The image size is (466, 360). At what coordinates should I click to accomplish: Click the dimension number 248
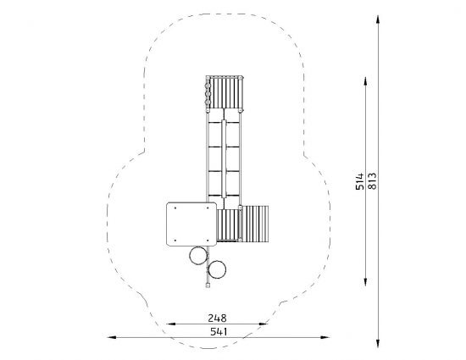217,318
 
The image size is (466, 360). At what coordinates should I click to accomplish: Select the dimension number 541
219,331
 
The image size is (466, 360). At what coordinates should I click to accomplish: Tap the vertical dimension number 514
359,181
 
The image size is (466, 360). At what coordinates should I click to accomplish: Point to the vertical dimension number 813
372,180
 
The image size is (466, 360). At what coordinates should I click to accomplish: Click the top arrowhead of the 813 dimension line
378,19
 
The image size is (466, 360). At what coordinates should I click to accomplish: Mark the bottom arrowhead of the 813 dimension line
378,343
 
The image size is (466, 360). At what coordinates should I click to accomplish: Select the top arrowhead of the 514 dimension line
365,81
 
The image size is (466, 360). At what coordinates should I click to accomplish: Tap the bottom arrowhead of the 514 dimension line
365,282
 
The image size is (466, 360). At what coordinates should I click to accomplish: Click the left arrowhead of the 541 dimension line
112,337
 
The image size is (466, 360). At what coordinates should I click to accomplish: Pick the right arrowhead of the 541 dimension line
325,337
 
